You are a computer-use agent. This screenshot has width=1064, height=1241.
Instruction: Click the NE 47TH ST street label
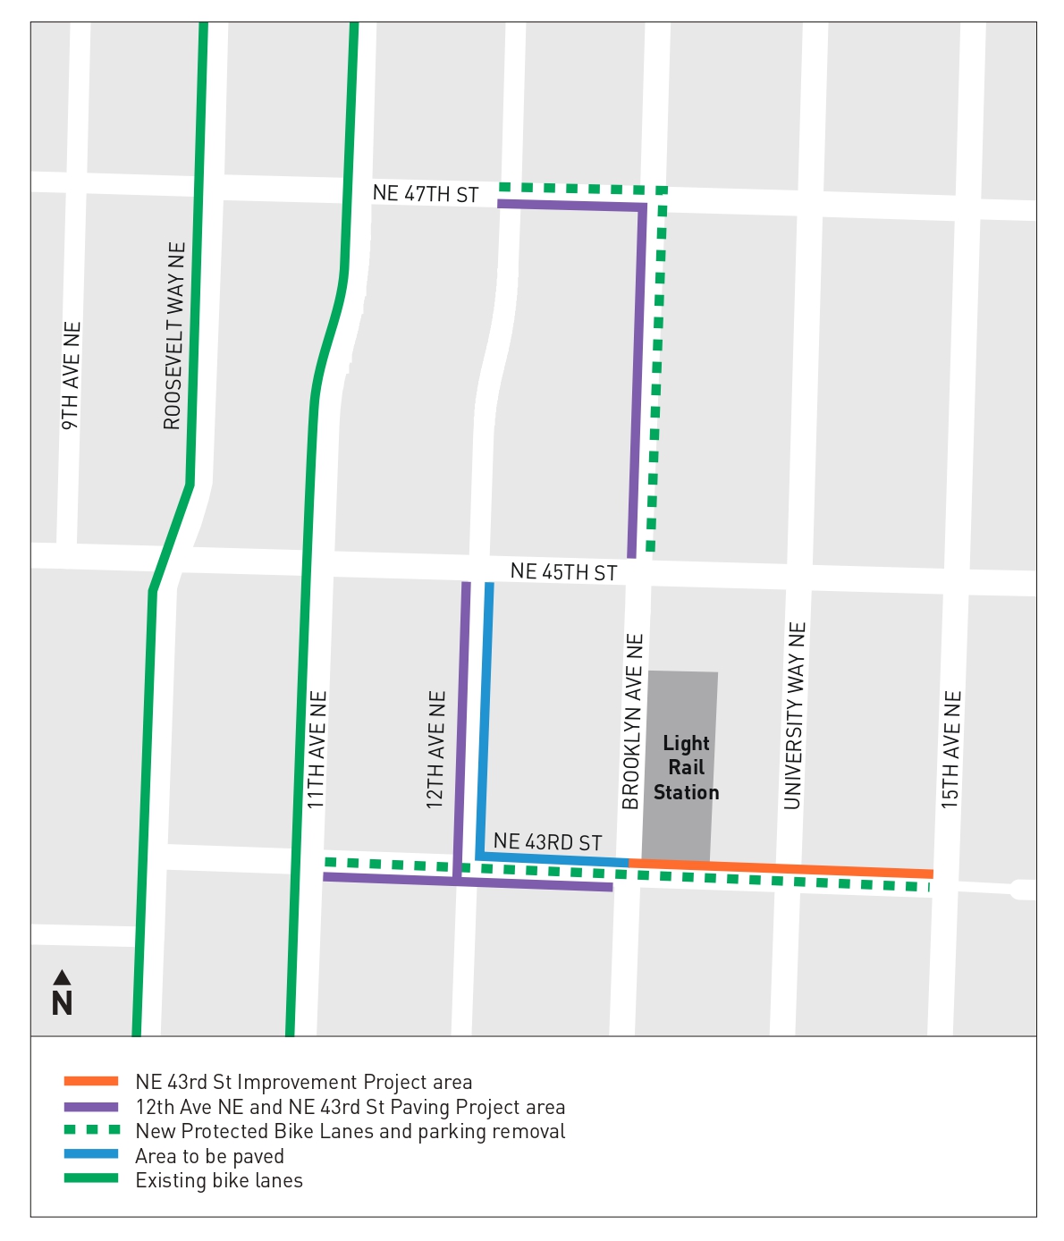pyautogui.click(x=426, y=193)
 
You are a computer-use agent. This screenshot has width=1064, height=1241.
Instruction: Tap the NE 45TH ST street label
pyautogui.click(x=563, y=572)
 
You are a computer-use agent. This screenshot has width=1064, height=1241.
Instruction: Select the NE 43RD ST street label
pyautogui.click(x=547, y=842)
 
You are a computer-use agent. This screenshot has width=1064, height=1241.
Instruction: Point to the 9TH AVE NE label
pyautogui.click(x=72, y=376)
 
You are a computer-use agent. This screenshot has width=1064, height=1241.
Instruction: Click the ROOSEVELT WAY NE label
pyautogui.click(x=174, y=335)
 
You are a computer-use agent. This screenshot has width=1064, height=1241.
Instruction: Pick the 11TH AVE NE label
pyautogui.click(x=317, y=749)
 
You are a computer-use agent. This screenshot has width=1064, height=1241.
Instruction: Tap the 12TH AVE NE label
pyautogui.click(x=435, y=749)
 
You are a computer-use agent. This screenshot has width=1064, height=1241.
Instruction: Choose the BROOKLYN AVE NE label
pyautogui.click(x=632, y=722)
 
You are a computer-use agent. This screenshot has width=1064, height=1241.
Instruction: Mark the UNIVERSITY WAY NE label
pyautogui.click(x=795, y=715)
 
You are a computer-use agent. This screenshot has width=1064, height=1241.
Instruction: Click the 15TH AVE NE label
pyautogui.click(x=951, y=749)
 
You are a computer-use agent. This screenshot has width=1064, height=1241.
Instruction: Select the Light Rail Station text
pyautogui.click(x=686, y=768)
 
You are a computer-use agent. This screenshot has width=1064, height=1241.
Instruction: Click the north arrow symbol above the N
pyautogui.click(x=62, y=977)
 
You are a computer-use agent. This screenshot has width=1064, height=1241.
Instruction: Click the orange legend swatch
pyautogui.click(x=91, y=1082)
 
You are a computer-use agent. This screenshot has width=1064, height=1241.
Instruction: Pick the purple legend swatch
pyautogui.click(x=91, y=1107)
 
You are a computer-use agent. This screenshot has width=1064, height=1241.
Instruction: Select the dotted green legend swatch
pyautogui.click(x=91, y=1131)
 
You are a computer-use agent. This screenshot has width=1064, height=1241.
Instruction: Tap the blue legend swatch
pyautogui.click(x=91, y=1155)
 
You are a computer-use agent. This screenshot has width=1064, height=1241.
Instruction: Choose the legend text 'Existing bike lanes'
pyautogui.click(x=219, y=1180)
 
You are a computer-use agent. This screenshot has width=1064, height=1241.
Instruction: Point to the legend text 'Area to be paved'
pyautogui.click(x=209, y=1156)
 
